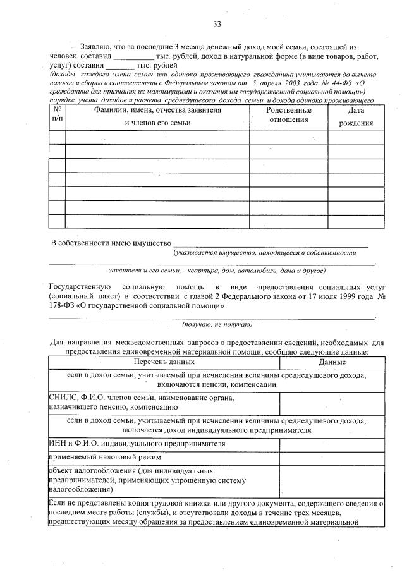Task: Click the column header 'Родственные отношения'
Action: (288, 115)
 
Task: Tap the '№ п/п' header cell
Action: (57, 115)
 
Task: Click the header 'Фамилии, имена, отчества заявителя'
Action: (157, 110)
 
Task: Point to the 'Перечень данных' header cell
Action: (163, 362)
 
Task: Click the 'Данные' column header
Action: (332, 362)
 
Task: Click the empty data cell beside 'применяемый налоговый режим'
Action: (332, 456)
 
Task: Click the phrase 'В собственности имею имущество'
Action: (111, 243)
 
